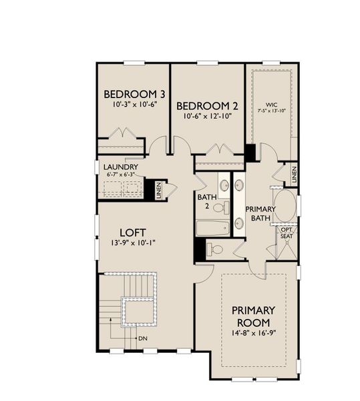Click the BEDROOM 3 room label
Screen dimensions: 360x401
(x=134, y=94)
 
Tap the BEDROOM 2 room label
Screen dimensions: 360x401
(x=207, y=106)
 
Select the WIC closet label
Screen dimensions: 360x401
(x=271, y=105)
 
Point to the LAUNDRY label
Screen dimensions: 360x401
(x=121, y=167)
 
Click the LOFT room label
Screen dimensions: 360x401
(x=133, y=233)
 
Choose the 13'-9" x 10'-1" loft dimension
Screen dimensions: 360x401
(x=133, y=243)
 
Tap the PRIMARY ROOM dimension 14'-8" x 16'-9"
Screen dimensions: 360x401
(x=254, y=333)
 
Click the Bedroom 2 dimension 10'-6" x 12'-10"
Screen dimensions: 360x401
(x=207, y=116)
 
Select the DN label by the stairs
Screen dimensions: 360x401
(x=143, y=339)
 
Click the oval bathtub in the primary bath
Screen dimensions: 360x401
(x=285, y=206)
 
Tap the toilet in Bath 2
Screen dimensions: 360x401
(x=221, y=207)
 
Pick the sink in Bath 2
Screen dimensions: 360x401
(x=224, y=185)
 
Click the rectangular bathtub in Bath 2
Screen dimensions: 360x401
(x=213, y=229)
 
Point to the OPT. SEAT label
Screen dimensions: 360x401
(x=287, y=233)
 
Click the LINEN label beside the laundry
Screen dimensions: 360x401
(x=159, y=190)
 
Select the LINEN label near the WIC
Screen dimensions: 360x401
(x=294, y=174)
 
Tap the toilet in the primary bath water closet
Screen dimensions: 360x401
(x=215, y=249)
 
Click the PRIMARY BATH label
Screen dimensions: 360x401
(x=260, y=214)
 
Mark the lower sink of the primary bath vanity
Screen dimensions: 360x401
(x=239, y=223)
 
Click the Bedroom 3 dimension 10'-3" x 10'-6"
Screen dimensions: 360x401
(x=134, y=104)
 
